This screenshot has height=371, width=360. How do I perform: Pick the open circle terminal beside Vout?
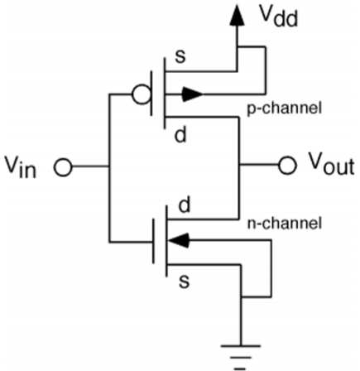286,166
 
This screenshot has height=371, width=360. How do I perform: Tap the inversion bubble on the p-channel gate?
145,94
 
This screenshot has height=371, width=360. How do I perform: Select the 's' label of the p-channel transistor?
180,58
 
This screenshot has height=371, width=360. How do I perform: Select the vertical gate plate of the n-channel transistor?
156,243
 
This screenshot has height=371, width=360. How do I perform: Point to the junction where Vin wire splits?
109,168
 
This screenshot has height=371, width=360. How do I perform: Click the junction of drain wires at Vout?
238,166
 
